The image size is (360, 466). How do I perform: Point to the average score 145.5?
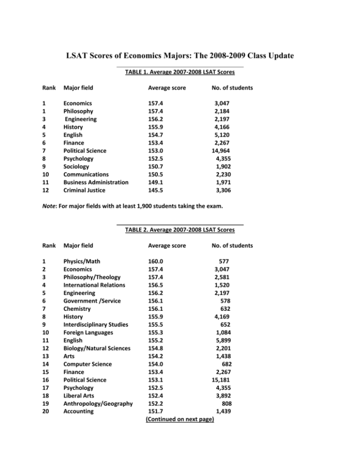pyautogui.click(x=156, y=191)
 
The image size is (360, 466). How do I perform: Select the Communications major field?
pyautogui.click(x=88, y=175)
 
